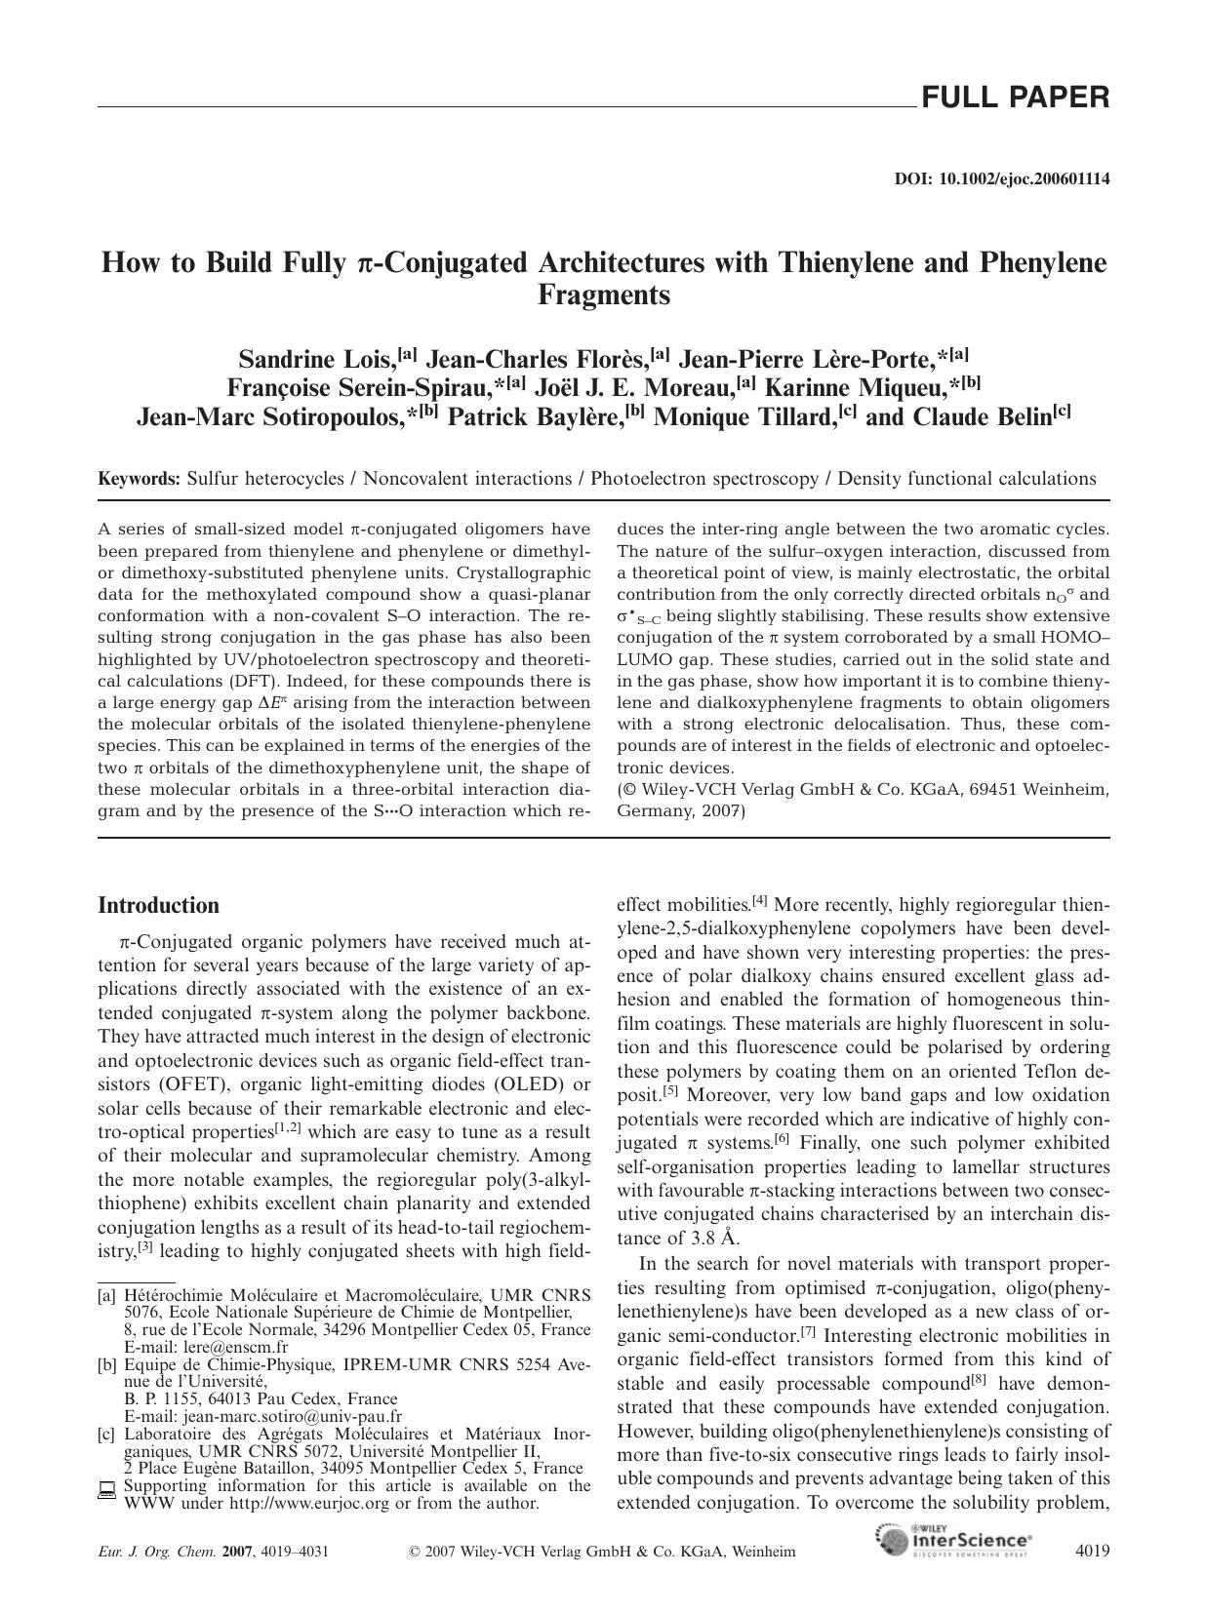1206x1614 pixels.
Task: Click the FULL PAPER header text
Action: (x=1014, y=97)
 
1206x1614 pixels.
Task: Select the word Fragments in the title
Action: (x=603, y=295)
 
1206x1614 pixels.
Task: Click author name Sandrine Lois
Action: (x=314, y=358)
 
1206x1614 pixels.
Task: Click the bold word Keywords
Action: (x=139, y=479)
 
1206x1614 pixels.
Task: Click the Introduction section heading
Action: (x=158, y=905)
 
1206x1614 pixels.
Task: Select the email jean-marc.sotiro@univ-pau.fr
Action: (x=293, y=1416)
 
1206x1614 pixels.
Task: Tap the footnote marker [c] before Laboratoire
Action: (x=106, y=1434)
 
